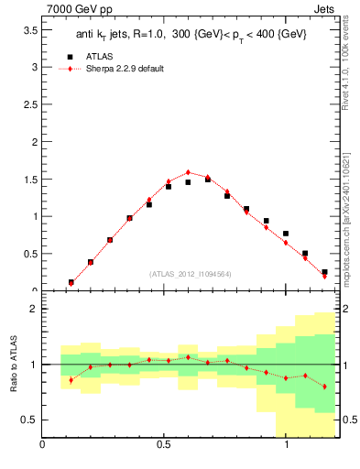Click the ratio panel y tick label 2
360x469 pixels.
point(33,310)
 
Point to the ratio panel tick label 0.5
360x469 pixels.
point(27,420)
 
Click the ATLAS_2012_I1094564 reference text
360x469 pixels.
point(189,273)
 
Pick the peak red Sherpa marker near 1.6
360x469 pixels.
point(188,172)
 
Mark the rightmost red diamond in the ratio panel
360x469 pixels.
point(324,387)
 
